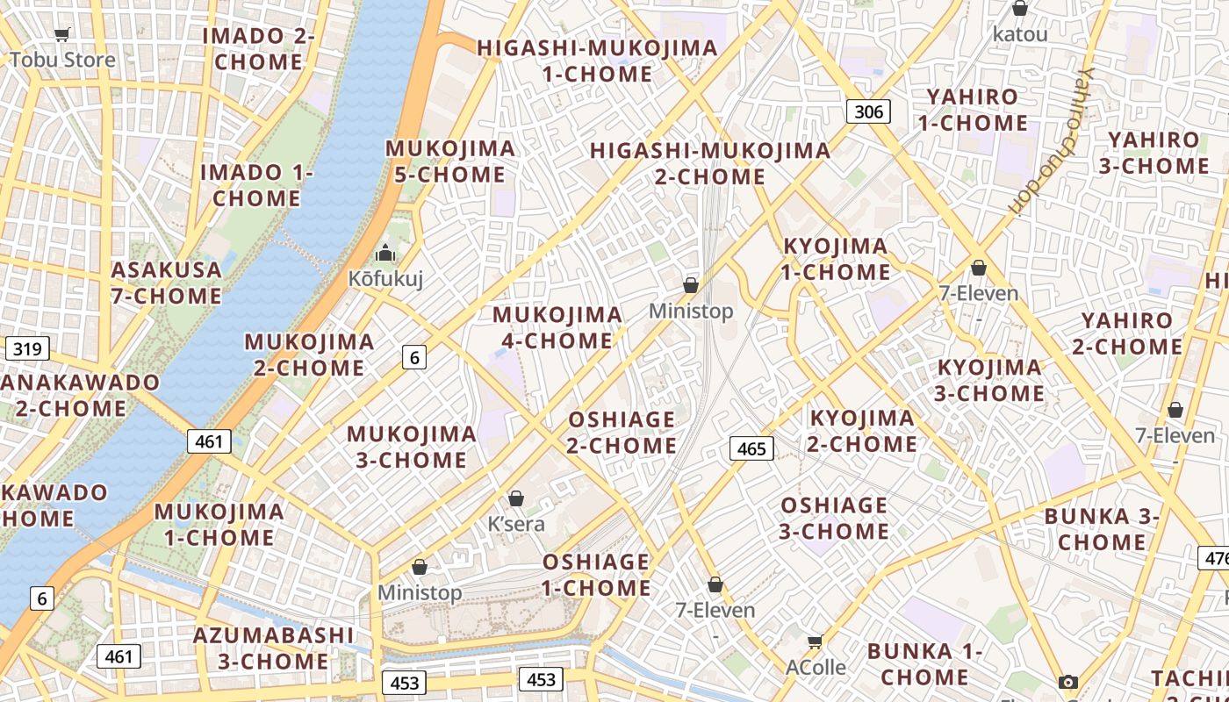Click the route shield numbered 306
pyautogui.click(x=868, y=111)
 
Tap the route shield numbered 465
pyautogui.click(x=751, y=449)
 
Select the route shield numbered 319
pyautogui.click(x=27, y=349)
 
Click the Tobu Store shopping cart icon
pyautogui.click(x=61, y=35)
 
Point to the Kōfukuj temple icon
pyautogui.click(x=385, y=254)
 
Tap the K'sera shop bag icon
pyautogui.click(x=516, y=498)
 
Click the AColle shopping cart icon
pyautogui.click(x=815, y=642)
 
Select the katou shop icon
pyautogui.click(x=1019, y=9)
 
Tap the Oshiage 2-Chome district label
pyautogui.click(x=622, y=433)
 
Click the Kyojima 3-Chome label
pyautogui.click(x=989, y=380)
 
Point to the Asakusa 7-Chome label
pyautogui.click(x=166, y=283)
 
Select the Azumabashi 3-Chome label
pyautogui.click(x=273, y=648)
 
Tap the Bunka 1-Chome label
pyautogui.click(x=924, y=664)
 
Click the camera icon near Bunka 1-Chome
pyautogui.click(x=1067, y=682)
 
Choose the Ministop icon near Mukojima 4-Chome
pyautogui.click(x=691, y=285)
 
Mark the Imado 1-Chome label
pyautogui.click(x=256, y=185)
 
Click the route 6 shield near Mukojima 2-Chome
pyautogui.click(x=415, y=356)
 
